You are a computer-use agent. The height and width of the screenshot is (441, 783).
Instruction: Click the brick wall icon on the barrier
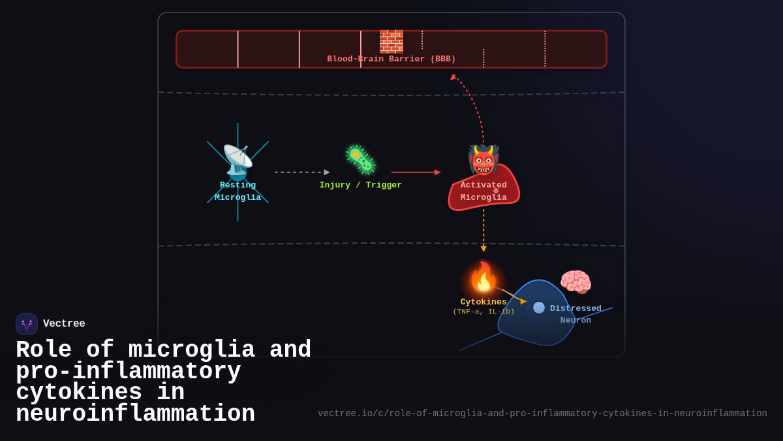[391, 41]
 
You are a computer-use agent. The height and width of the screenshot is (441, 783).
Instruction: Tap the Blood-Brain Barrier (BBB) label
[391, 59]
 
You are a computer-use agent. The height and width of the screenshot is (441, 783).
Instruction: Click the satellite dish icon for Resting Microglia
[238, 161]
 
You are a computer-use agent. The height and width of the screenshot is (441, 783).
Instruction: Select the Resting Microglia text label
[238, 191]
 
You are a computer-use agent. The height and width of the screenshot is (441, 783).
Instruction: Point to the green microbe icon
[361, 160]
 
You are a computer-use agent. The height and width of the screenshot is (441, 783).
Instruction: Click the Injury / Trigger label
[361, 186]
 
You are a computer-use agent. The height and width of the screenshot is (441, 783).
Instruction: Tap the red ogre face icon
[484, 160]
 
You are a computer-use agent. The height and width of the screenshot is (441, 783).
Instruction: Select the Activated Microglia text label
[484, 191]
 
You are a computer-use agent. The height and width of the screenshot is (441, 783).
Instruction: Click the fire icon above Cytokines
[484, 278]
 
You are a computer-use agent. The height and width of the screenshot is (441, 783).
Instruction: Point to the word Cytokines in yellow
[484, 302]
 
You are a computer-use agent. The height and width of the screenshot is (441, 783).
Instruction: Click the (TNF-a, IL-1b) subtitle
[484, 312]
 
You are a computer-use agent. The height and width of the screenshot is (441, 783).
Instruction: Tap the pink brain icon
[576, 282]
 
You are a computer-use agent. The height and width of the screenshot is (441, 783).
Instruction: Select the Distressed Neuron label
[576, 314]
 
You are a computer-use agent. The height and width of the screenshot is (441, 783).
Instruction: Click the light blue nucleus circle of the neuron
[539, 308]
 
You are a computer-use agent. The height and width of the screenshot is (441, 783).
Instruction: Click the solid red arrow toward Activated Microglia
[416, 172]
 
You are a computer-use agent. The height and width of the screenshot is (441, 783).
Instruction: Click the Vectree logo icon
[27, 324]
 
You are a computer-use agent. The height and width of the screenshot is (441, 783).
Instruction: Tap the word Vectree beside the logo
[64, 324]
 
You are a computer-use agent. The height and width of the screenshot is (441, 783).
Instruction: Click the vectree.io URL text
[542, 414]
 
